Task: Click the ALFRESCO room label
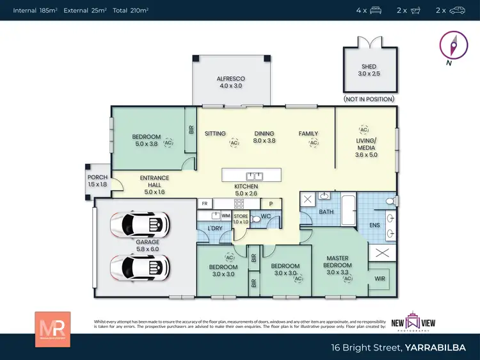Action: point(232,79)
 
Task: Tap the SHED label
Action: point(369,67)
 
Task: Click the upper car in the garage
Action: point(140,224)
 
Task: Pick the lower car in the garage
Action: point(140,265)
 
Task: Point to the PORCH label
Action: point(98,177)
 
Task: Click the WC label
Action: point(266,217)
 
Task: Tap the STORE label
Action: point(241,217)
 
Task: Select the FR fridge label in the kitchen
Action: point(205,204)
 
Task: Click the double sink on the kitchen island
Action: point(254,176)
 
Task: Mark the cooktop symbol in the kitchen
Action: point(239,204)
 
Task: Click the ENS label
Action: point(374,225)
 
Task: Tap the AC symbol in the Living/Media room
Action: point(364,129)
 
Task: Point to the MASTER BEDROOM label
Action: point(337,261)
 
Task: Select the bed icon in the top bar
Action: point(376,10)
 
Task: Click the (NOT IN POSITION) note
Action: point(369,99)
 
